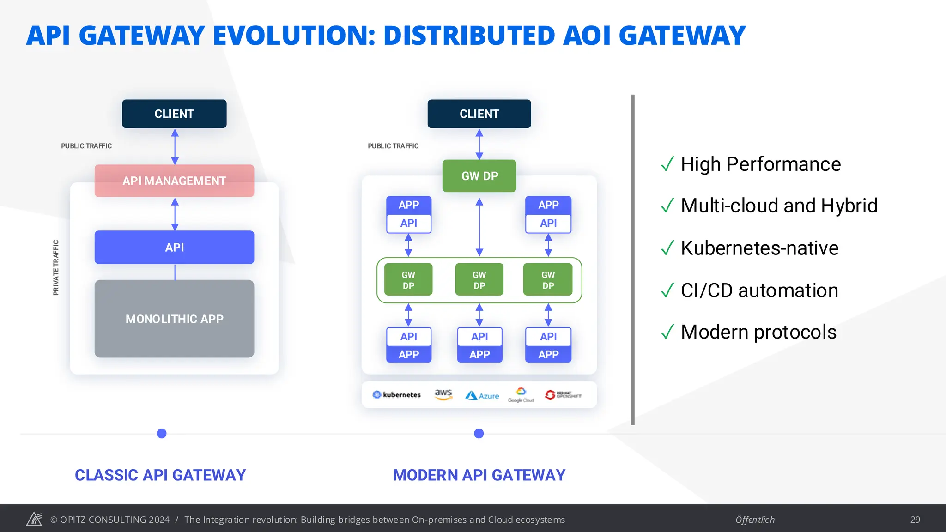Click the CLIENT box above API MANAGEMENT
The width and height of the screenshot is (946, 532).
[174, 114]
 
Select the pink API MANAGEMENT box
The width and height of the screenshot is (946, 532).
[174, 181]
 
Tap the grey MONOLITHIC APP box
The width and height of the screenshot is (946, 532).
[174, 319]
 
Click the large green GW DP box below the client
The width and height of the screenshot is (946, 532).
[479, 176]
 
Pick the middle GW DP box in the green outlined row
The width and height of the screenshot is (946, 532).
[479, 280]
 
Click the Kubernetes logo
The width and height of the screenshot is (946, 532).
[397, 395]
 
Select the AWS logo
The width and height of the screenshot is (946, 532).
[443, 394]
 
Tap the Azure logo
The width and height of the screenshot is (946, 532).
[482, 396]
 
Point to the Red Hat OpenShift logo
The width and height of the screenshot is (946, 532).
[563, 395]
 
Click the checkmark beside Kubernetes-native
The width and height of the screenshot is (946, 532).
[667, 248]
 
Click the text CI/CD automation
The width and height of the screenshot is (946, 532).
[759, 290]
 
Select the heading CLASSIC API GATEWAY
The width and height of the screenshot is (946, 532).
[160, 475]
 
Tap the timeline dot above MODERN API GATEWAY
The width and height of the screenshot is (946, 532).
[479, 433]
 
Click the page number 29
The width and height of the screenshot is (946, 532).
[915, 520]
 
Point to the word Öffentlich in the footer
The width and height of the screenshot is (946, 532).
[755, 520]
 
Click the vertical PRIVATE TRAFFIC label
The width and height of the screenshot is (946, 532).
[56, 267]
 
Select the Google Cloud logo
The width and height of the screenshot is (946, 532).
[521, 395]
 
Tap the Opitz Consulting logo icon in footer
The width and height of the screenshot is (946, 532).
[34, 519]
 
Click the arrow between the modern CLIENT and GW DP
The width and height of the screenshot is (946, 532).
[479, 144]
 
